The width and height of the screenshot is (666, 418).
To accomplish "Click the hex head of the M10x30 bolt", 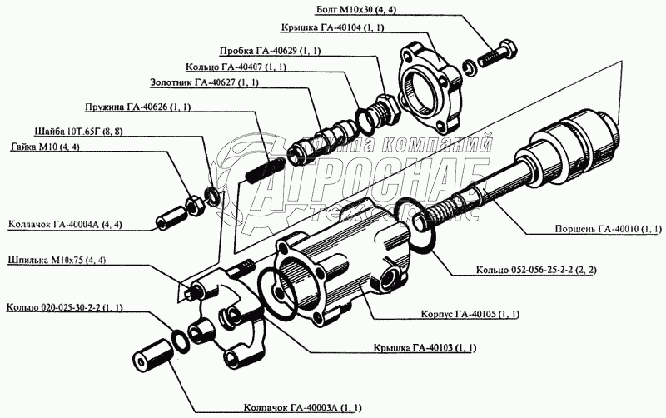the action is click(x=507, y=52).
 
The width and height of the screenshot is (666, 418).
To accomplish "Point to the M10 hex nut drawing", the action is click(x=196, y=205).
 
